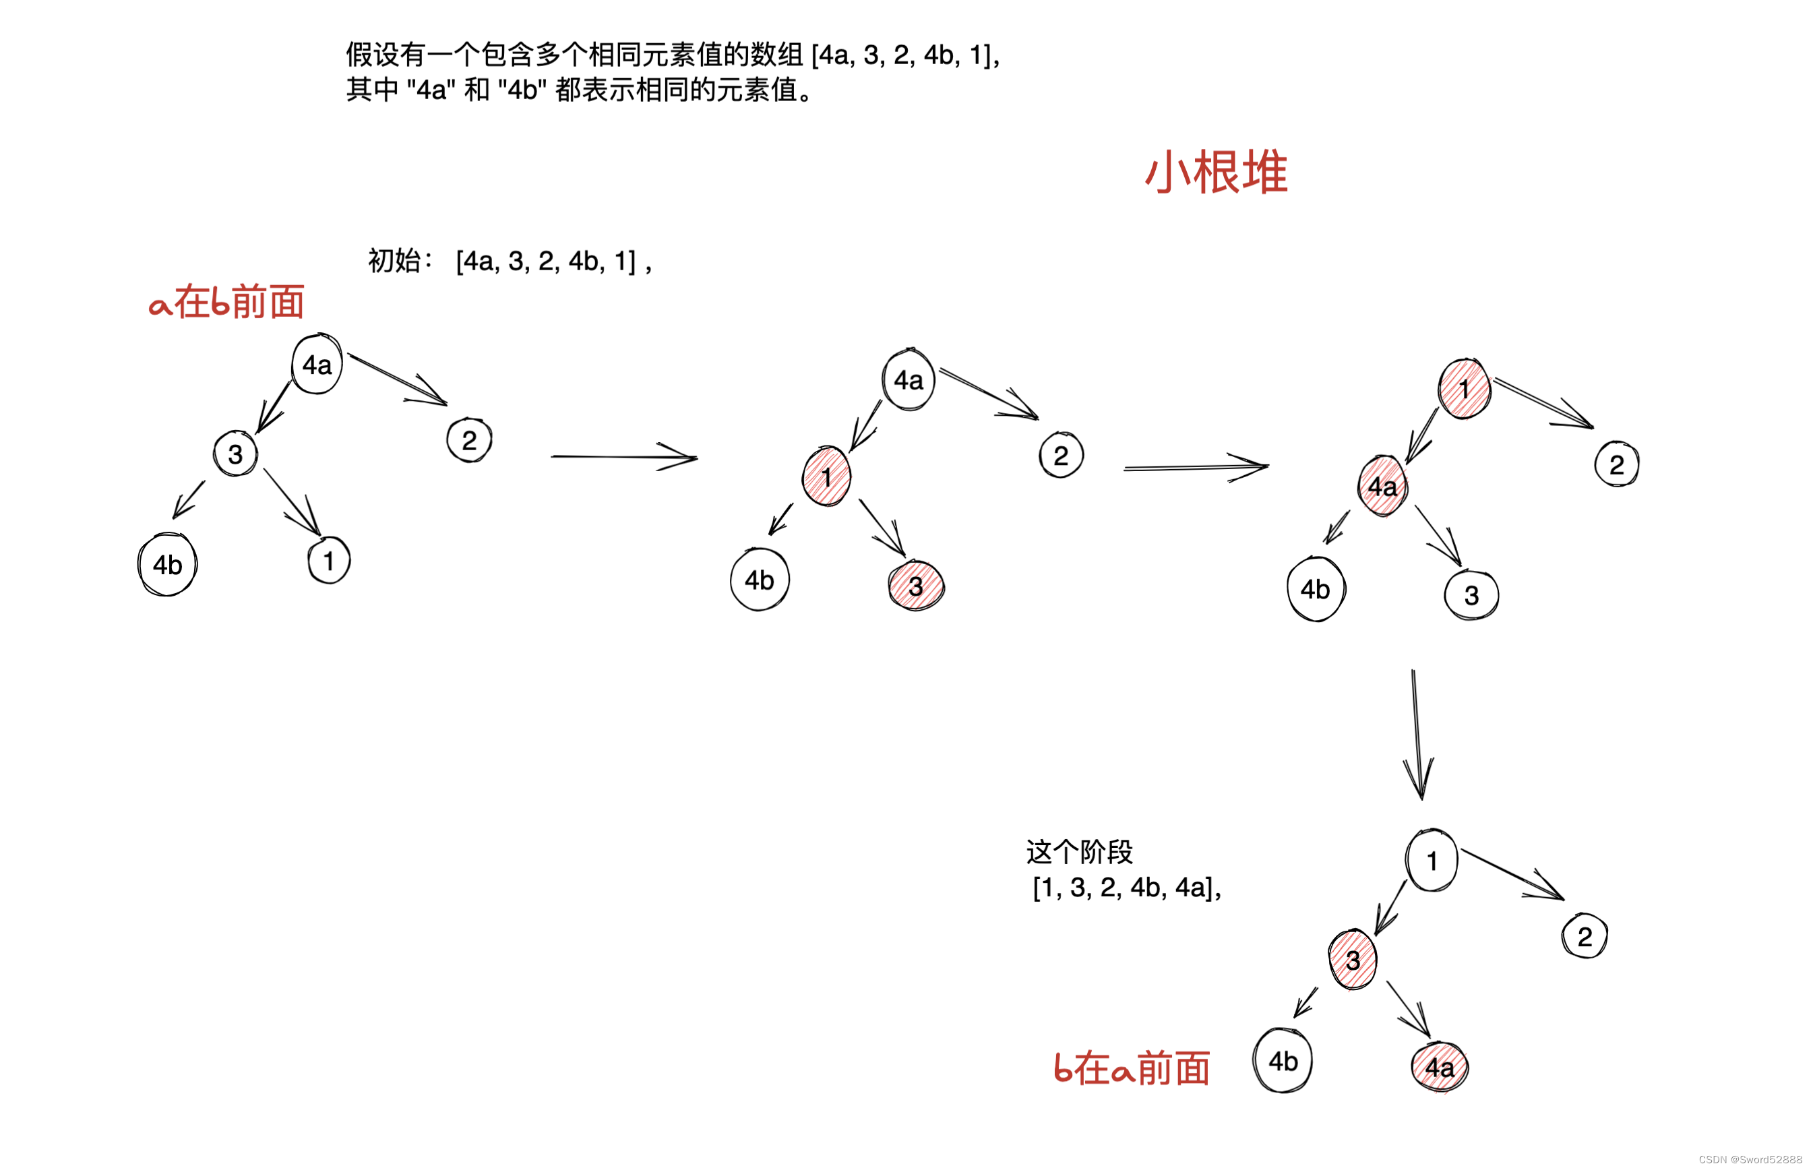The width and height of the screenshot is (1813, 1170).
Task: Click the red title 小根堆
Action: (x=1215, y=172)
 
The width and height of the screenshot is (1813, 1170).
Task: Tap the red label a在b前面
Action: (x=226, y=303)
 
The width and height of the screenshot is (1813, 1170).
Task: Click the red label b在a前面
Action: (x=1131, y=1068)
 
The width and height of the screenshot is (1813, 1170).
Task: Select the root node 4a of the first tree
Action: (x=317, y=365)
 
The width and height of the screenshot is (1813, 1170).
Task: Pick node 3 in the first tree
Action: (x=235, y=454)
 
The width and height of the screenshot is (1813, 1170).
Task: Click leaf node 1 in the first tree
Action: (x=329, y=561)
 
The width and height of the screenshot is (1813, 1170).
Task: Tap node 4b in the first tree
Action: (x=167, y=565)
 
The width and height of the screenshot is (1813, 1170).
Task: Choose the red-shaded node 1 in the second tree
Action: (x=826, y=476)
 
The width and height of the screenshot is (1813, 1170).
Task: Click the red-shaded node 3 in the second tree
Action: (x=916, y=586)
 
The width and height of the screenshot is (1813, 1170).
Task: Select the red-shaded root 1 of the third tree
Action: (x=1464, y=389)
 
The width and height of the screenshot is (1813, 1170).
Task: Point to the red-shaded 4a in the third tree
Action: (x=1382, y=486)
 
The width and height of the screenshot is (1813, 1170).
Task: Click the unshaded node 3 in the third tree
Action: (x=1471, y=595)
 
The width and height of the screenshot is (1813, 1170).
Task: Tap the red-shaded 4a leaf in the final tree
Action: (x=1440, y=1068)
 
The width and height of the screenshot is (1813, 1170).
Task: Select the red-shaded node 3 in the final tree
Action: (x=1353, y=960)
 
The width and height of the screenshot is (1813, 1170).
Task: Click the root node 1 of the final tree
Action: (x=1432, y=861)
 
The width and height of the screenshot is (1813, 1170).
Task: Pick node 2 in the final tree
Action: (x=1585, y=936)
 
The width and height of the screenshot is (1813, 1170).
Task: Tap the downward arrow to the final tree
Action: (x=1417, y=733)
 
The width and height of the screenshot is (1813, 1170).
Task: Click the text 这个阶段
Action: (x=1079, y=853)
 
